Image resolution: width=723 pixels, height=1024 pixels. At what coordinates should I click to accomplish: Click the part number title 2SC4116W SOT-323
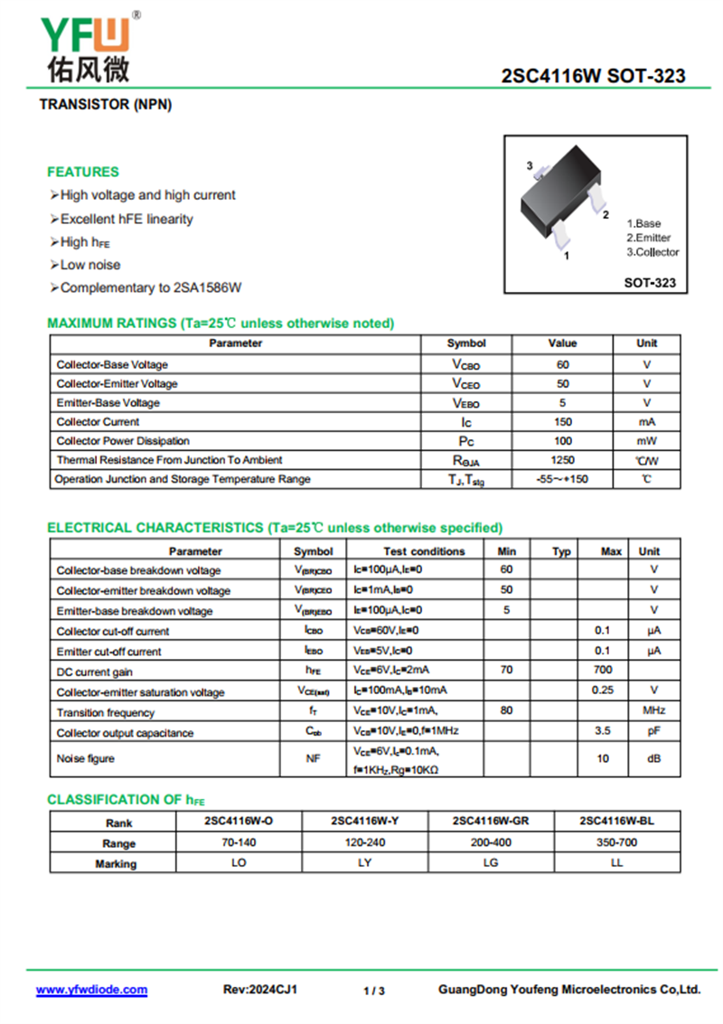tap(593, 77)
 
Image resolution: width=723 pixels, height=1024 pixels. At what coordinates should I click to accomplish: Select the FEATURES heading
tap(83, 172)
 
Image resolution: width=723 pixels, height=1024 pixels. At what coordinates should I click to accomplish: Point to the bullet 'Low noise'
tap(89, 265)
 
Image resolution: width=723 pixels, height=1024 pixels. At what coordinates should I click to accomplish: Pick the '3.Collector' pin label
tap(653, 252)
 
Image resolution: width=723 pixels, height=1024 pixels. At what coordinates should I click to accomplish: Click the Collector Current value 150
tap(562, 422)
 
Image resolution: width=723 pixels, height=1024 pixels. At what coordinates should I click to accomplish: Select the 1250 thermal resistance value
tap(562, 460)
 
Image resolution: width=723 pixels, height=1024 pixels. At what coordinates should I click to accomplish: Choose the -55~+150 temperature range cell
tap(562, 479)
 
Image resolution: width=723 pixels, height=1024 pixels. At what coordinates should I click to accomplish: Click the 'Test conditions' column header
tap(424, 551)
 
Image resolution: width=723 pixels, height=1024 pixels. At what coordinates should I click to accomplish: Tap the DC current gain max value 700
tap(603, 670)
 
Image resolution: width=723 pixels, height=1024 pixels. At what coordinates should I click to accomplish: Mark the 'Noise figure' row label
tap(86, 759)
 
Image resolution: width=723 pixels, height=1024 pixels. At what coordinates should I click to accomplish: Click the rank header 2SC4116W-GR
tap(491, 822)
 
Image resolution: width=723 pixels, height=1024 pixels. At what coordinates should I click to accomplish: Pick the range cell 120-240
tap(365, 842)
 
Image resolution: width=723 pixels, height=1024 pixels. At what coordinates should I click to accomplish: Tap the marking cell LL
tap(617, 863)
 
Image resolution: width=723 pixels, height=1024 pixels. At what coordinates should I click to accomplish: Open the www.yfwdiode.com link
tap(91, 990)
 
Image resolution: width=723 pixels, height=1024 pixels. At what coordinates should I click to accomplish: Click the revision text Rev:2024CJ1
tap(260, 990)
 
